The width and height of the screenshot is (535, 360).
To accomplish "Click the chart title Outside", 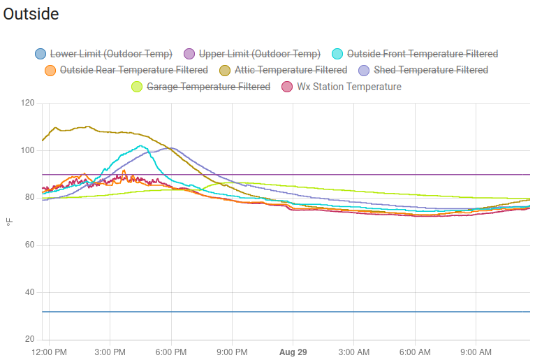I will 31,14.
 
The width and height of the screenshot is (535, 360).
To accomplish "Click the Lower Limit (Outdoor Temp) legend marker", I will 41,54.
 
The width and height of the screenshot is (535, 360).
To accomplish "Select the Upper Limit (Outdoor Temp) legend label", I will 259,54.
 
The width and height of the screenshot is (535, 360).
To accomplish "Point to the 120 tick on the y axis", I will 27,103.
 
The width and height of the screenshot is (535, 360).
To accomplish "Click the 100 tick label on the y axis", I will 27,150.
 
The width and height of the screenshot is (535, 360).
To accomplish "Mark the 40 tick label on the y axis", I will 29,292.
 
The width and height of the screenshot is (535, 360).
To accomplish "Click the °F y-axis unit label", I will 10,222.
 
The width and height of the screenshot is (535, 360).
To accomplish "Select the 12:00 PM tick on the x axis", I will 50,351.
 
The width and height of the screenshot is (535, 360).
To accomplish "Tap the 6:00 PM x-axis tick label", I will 171,351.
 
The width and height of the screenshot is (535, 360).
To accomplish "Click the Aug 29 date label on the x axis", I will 293,351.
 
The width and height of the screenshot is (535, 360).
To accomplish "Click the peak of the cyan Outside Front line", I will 140,145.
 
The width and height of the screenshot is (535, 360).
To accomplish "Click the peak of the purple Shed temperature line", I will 171,147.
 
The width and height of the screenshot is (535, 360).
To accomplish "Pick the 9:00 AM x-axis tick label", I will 476,351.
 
